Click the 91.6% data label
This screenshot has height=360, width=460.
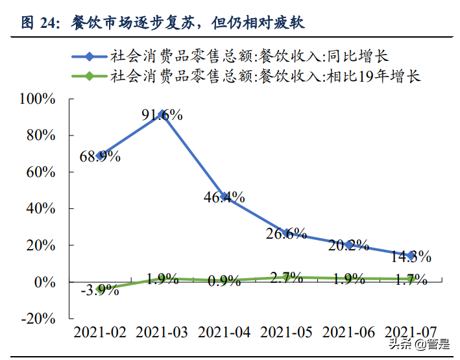[162, 115]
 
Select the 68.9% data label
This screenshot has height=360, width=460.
[99, 156]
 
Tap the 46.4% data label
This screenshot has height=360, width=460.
[224, 198]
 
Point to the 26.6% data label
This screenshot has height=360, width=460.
[286, 234]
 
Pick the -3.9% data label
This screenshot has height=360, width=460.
[99, 290]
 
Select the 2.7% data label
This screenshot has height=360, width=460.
[286, 278]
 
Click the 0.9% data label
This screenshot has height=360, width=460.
[224, 281]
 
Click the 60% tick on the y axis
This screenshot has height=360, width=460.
[41, 172]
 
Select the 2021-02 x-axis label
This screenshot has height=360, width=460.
[100, 332]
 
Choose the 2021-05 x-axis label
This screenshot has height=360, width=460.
[286, 332]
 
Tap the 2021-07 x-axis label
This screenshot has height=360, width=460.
[411, 332]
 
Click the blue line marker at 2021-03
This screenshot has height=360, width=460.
[162, 114]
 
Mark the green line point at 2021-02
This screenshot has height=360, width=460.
[100, 289]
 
